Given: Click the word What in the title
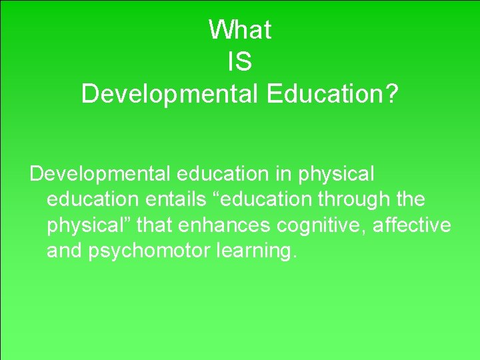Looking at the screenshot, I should tap(239, 29).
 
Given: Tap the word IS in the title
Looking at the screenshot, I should tap(239, 61).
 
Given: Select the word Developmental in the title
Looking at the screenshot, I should tap(169, 94).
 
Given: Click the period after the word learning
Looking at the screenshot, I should tap(291, 257).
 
